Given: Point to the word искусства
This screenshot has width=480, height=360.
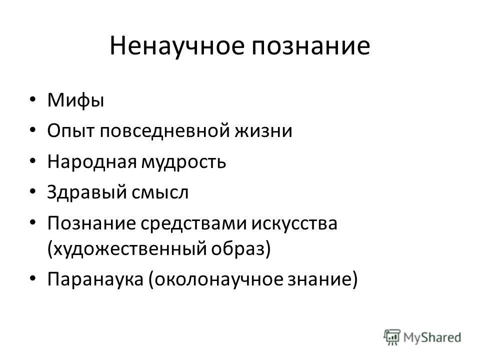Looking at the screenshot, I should (294, 223).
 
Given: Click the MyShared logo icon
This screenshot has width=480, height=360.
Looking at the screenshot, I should (392, 336).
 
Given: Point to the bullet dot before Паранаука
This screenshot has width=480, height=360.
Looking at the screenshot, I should (32, 278).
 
